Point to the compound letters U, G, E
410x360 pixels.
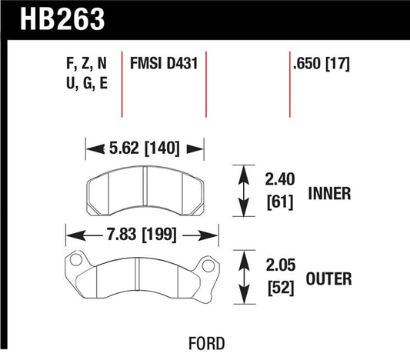coord(86,84)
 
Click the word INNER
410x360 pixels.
coord(331,194)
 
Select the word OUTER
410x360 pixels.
coord(332,279)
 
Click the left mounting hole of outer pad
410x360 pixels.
coord(74,263)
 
